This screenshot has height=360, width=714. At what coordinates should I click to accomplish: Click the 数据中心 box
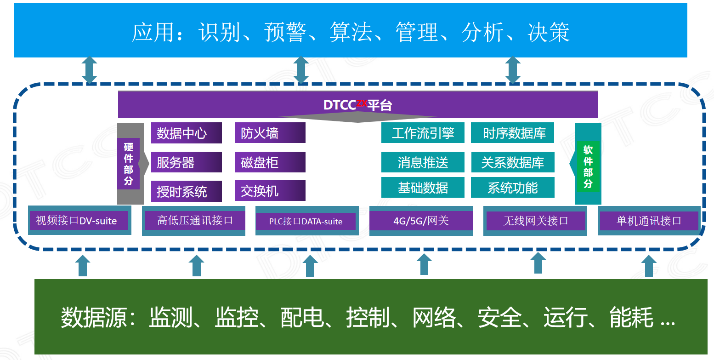(x=186, y=133)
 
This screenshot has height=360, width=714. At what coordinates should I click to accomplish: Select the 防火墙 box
(x=270, y=133)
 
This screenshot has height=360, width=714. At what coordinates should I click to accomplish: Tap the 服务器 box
(x=186, y=162)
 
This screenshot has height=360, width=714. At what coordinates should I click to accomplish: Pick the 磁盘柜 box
(x=270, y=162)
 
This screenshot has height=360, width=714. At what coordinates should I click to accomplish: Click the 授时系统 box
(x=186, y=191)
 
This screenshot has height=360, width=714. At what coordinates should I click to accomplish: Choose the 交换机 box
(x=270, y=191)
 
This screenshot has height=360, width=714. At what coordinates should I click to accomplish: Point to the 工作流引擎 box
(x=423, y=133)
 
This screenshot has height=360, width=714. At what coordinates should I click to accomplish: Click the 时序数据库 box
(x=513, y=133)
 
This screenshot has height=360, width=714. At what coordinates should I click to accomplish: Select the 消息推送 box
(x=423, y=162)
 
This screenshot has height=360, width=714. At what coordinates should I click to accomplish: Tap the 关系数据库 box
(x=513, y=162)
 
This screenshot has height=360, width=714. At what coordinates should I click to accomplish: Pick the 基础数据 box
(x=423, y=188)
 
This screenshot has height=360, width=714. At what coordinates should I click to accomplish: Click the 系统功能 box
(x=513, y=188)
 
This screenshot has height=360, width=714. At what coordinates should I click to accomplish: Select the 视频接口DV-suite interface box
(x=79, y=221)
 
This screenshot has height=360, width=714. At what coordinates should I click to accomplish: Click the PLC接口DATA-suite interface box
(x=306, y=221)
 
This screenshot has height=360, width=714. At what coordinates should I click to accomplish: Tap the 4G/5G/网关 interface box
(x=421, y=221)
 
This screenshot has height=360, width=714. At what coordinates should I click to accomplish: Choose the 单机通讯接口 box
(x=649, y=221)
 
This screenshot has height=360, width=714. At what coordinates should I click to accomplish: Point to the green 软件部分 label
(x=588, y=167)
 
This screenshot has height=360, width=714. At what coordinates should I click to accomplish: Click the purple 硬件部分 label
(x=128, y=164)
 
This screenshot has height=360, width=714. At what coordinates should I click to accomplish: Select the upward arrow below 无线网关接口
(x=538, y=263)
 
